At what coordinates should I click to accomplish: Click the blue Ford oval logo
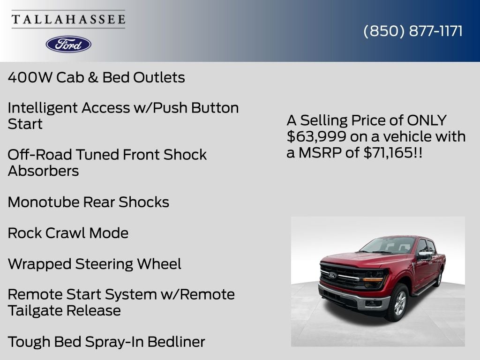(68, 44)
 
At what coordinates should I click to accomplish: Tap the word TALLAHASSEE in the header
(68, 20)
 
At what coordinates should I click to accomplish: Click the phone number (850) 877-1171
(413, 31)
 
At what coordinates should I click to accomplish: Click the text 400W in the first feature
(30, 77)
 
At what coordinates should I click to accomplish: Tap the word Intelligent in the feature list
(43, 108)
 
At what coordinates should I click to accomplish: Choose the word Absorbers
(43, 171)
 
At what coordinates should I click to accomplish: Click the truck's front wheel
(397, 303)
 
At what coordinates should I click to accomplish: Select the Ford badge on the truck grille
(332, 276)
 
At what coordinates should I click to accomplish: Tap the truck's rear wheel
(439, 278)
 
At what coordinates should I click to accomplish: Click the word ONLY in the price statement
(427, 120)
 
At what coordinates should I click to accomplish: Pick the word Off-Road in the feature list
(40, 155)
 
